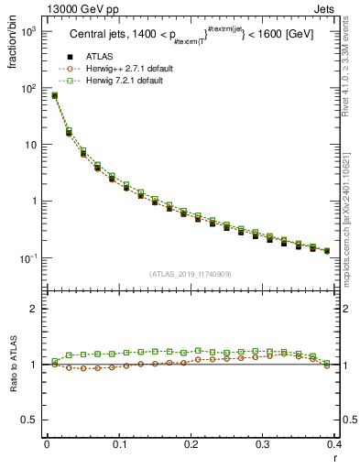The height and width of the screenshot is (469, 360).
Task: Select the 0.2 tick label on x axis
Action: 191,444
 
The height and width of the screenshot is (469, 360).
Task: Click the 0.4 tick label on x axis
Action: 335,444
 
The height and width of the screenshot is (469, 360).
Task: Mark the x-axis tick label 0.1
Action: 118,444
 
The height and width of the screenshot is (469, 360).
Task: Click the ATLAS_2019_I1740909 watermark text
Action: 190,274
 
